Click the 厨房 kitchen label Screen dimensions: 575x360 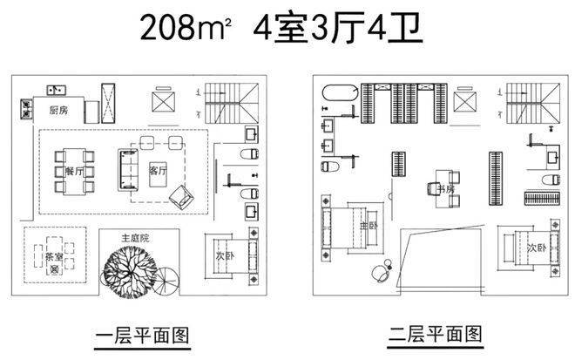point(58,110)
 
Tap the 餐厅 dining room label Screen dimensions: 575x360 point(74,171)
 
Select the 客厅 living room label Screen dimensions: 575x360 point(158,170)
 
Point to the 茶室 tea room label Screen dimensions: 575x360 point(54,256)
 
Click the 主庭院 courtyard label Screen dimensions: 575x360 point(135,238)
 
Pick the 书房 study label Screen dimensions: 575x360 point(446,189)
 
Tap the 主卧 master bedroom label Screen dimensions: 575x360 point(369,225)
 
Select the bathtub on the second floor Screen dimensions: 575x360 point(341,92)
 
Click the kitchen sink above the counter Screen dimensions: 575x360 point(57,89)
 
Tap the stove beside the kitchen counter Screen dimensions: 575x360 point(26,109)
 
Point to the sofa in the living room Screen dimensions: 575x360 point(128,170)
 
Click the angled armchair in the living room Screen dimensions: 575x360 point(181,197)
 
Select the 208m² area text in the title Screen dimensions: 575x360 point(186,28)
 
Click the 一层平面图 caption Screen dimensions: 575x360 point(143,336)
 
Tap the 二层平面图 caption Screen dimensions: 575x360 point(436,334)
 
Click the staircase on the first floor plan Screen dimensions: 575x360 point(232,103)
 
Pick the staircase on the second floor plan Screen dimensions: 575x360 point(533,103)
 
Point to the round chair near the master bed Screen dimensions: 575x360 point(380,273)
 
